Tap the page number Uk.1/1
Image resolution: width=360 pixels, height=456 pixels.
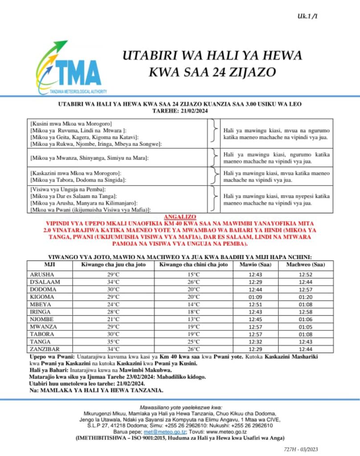click(x=308, y=16)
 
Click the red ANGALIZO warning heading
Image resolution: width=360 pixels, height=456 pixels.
click(x=180, y=216)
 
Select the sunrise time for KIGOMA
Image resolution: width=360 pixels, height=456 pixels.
click(x=254, y=297)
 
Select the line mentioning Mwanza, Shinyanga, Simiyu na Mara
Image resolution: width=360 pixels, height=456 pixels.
click(x=89, y=158)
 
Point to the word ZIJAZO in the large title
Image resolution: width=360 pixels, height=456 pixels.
click(x=247, y=71)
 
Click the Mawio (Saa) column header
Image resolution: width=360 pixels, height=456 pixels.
click(x=254, y=265)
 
